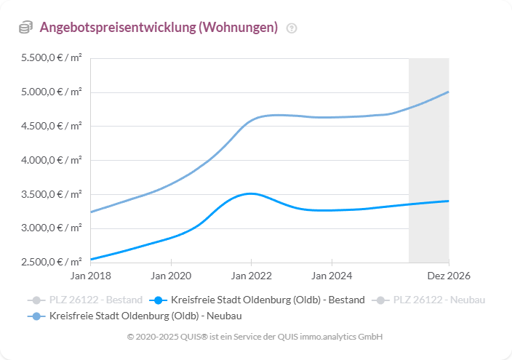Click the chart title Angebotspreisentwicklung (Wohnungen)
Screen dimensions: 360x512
(x=159, y=28)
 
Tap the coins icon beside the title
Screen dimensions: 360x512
(x=25, y=28)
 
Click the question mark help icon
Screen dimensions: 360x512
(x=292, y=28)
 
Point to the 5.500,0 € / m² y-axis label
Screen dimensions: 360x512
(x=52, y=57)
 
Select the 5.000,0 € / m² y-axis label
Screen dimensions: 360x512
(x=52, y=92)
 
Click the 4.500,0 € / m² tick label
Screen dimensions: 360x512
(x=52, y=126)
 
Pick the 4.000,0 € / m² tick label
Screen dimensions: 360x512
(x=52, y=160)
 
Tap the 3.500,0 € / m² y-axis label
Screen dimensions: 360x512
(x=52, y=194)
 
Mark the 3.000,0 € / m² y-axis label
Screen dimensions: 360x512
(x=52, y=228)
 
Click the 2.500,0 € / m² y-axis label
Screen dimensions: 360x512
(x=52, y=262)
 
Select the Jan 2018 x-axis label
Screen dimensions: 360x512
(x=90, y=276)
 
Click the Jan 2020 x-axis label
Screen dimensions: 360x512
(x=171, y=276)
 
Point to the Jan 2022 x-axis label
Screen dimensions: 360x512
(x=251, y=276)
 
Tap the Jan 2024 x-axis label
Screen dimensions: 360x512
(x=332, y=276)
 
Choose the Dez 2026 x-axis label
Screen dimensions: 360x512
(x=448, y=276)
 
